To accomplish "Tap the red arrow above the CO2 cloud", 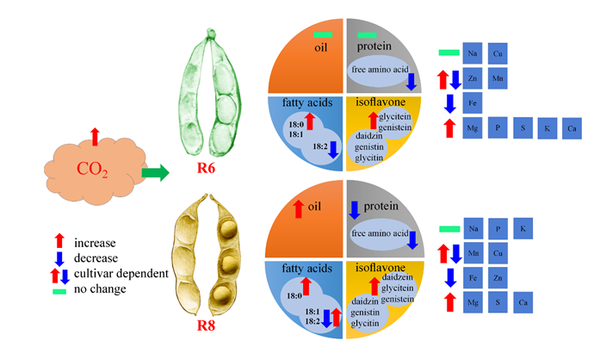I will pyautogui.click(x=95, y=135).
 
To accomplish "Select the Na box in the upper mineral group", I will pyautogui.click(x=473, y=53).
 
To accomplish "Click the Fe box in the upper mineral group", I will pyautogui.click(x=473, y=103).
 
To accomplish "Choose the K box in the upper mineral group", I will pyautogui.click(x=547, y=129).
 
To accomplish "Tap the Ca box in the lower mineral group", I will pyautogui.click(x=523, y=302).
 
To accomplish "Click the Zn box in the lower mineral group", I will pyautogui.click(x=498, y=278).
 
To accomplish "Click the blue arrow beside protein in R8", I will pyautogui.click(x=354, y=208).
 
